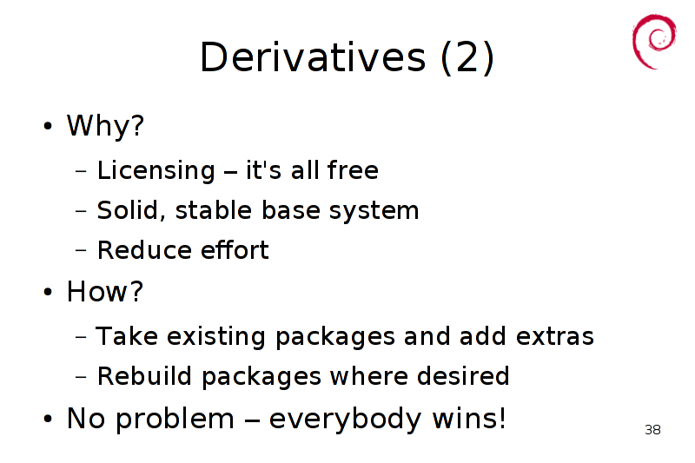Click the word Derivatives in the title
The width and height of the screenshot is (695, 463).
[313, 57]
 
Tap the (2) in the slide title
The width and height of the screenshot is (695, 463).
[467, 58]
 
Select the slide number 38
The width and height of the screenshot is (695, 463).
[653, 430]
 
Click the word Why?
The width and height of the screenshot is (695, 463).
[105, 126]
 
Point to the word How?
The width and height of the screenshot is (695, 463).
[105, 292]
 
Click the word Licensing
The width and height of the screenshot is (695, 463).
[156, 170]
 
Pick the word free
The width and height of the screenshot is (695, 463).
[353, 169]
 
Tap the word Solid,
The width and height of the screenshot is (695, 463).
[131, 210]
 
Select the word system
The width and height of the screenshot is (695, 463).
[374, 211]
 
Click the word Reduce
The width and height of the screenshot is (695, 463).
[144, 250]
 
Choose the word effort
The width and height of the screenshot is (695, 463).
[235, 249]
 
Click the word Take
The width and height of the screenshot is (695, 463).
[127, 336]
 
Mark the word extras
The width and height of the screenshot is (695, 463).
[555, 336]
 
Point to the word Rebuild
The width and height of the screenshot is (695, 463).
[144, 376]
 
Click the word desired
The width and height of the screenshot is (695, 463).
[463, 376]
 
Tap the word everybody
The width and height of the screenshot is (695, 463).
[345, 420]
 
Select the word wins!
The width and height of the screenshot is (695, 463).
[469, 418]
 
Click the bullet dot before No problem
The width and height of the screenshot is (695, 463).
[48, 419]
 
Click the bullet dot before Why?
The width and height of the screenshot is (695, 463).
[48, 126]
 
